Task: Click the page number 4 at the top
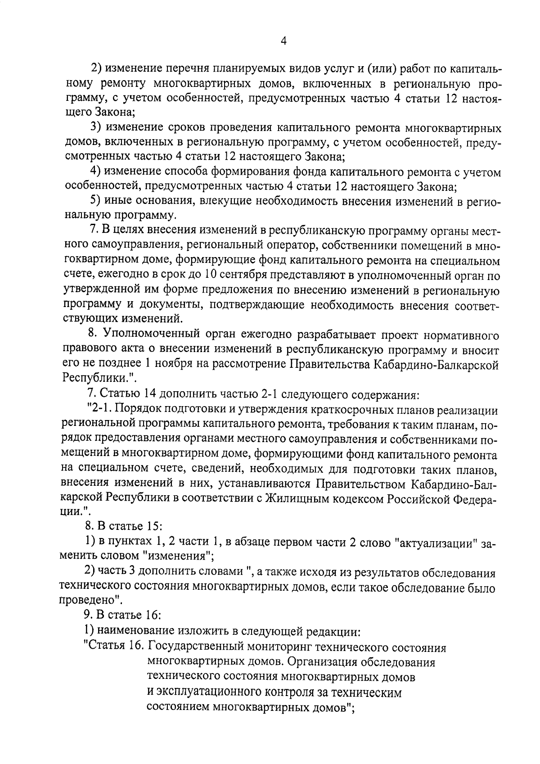(283, 41)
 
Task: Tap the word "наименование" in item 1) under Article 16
(136, 631)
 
